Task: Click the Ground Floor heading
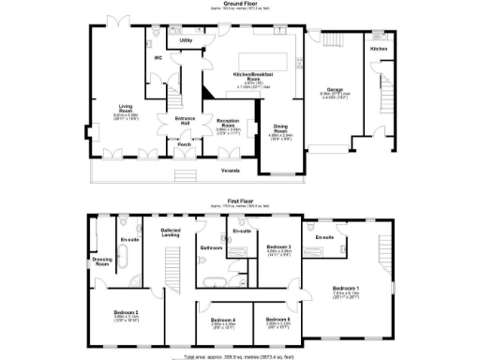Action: point(239,5)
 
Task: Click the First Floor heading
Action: point(239,200)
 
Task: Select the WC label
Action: point(158,58)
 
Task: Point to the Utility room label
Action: point(186,41)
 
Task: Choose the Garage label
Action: point(334,90)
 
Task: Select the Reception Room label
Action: point(228,123)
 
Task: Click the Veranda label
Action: point(230,171)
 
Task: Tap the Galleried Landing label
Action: point(171,232)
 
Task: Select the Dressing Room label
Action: point(101,262)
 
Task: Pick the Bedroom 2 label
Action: point(127,312)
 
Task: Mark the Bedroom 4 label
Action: point(222,321)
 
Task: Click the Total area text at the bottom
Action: point(239,355)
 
